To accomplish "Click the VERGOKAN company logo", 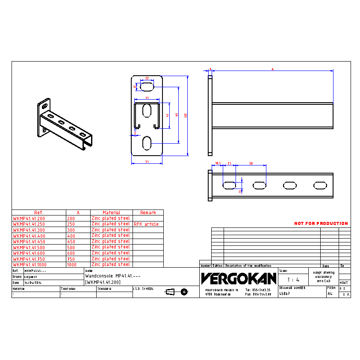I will [239, 279].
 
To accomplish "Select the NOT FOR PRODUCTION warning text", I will [321, 223].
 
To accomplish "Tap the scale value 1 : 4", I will [293, 280].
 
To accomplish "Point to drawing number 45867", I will [285, 294].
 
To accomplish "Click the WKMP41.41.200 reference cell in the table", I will [29, 218].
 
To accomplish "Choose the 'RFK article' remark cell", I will [146, 224].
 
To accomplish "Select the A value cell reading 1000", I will [72, 265].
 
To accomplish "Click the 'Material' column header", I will [112, 212].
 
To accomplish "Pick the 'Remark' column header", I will [148, 212].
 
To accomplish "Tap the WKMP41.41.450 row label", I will [29, 242].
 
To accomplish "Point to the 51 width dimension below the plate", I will [147, 162].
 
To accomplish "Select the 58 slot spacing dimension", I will [251, 163].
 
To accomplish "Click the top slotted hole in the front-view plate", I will [147, 87].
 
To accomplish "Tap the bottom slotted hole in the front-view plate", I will [147, 143].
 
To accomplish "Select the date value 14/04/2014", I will [33, 283].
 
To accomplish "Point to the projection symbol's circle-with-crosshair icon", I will [184, 292].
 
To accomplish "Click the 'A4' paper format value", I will [330, 294].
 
